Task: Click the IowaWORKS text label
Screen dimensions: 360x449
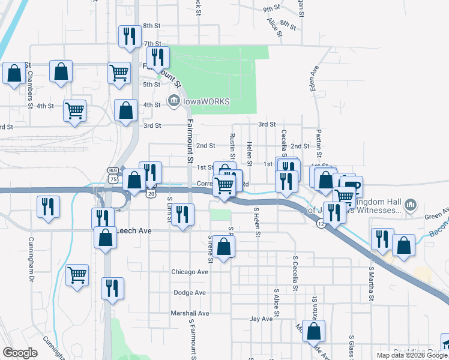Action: pyautogui.click(x=206, y=101)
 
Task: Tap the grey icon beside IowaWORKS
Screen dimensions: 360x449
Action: pyautogui.click(x=174, y=100)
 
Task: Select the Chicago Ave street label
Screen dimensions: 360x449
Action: pyautogui.click(x=190, y=272)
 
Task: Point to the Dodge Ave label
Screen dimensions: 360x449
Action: pyautogui.click(x=190, y=293)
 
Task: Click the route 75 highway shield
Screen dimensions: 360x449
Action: pyautogui.click(x=113, y=179)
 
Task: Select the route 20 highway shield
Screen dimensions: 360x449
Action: pyautogui.click(x=150, y=192)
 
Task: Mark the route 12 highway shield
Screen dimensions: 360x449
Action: pyautogui.click(x=321, y=223)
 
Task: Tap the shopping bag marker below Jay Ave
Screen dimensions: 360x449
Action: pyautogui.click(x=313, y=331)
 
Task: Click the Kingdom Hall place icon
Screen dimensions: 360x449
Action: pyautogui.click(x=411, y=205)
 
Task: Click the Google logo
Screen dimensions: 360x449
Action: pyautogui.click(x=20, y=353)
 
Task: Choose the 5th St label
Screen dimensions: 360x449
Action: pyautogui.click(x=152, y=85)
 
